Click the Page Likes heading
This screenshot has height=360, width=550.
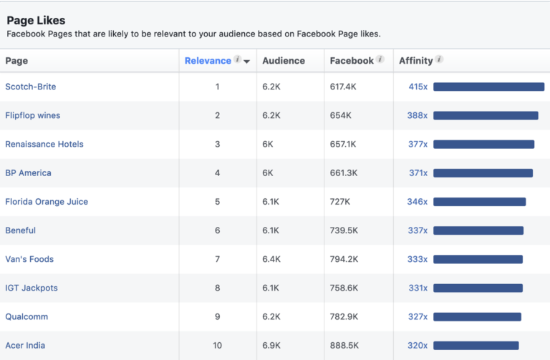click(36, 20)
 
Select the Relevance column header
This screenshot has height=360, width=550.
click(208, 61)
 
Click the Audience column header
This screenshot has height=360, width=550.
click(284, 61)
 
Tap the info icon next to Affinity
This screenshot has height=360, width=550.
click(439, 60)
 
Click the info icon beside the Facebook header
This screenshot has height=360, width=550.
click(380, 60)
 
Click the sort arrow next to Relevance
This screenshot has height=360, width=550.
click(247, 62)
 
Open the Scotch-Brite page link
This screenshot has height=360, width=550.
click(31, 87)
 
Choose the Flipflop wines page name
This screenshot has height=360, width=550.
click(33, 115)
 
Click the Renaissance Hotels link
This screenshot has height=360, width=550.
click(44, 144)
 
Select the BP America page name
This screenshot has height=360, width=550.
click(29, 172)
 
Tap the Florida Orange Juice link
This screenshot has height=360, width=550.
click(47, 202)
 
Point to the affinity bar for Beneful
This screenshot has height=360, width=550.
click(478, 230)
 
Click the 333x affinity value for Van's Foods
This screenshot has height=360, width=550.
click(418, 259)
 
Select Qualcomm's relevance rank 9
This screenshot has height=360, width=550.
click(218, 316)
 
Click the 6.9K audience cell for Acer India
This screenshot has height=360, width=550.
click(271, 345)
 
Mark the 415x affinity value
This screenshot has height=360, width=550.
click(418, 87)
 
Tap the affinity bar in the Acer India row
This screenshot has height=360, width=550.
click(476, 345)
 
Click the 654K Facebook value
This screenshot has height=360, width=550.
click(340, 115)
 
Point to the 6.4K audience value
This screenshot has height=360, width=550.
click(271, 259)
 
